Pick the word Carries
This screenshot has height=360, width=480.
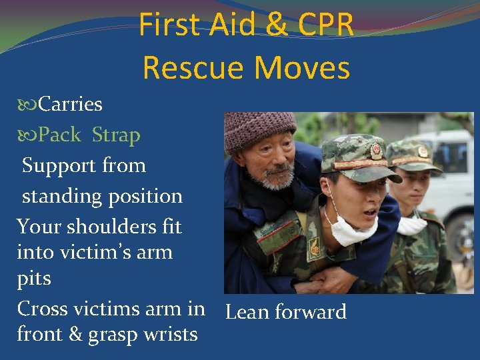(70, 104)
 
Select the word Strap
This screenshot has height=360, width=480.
(116, 135)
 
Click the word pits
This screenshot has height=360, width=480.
(33, 278)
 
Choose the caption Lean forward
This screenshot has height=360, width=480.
(286, 312)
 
